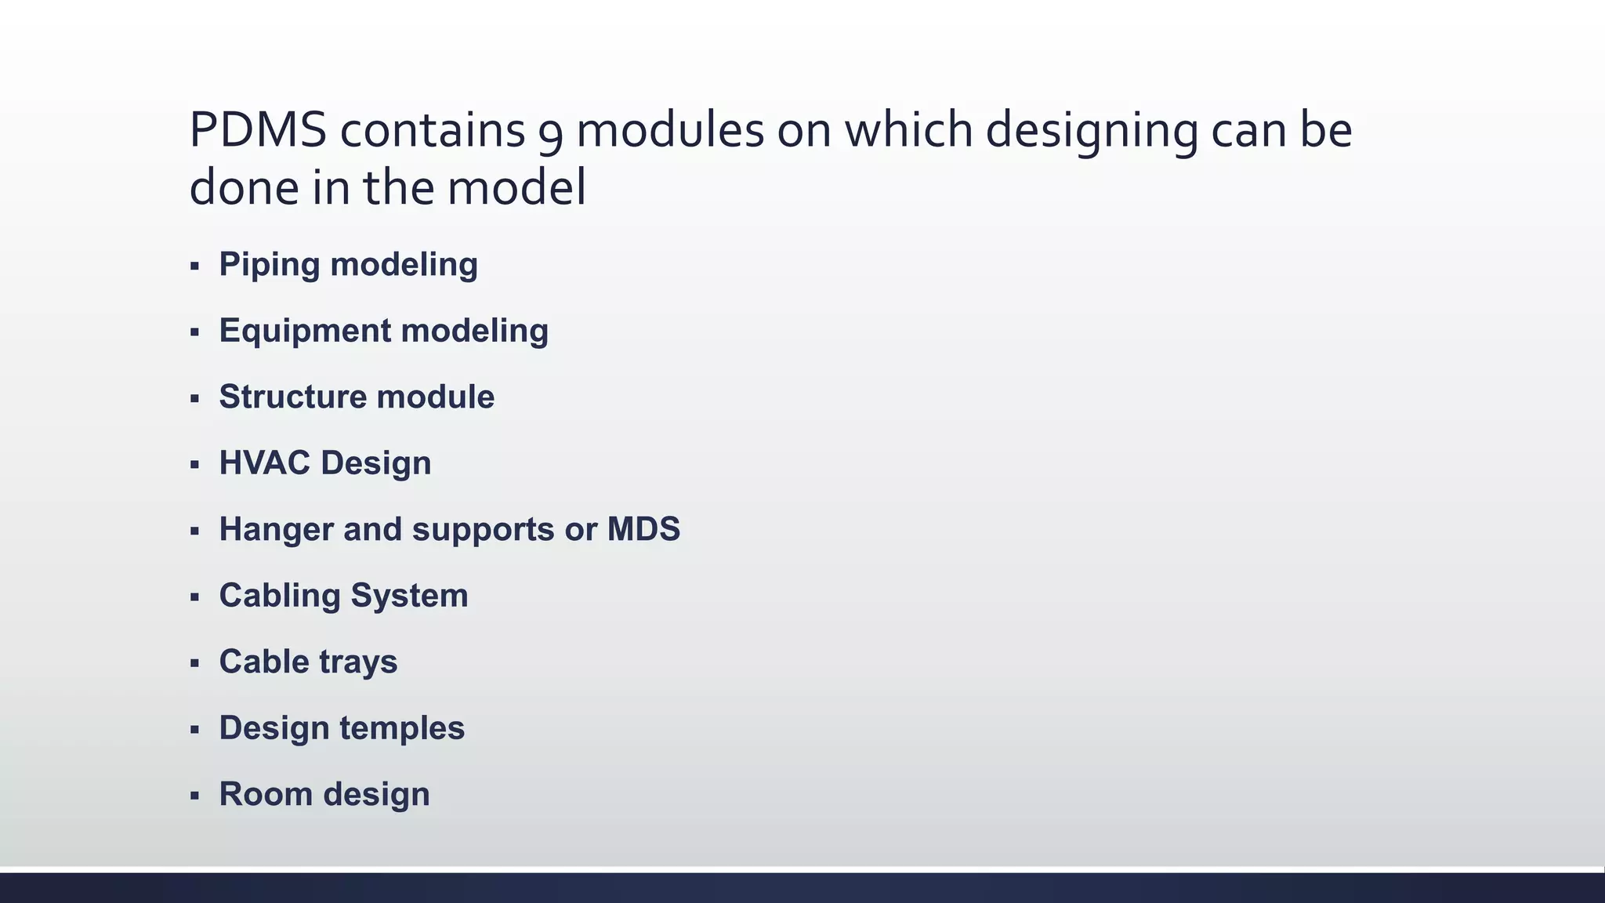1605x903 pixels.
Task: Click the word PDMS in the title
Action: (x=257, y=130)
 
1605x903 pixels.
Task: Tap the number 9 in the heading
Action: (x=550, y=133)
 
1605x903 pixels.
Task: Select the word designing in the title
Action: (x=1091, y=132)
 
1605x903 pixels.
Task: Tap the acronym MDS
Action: (x=643, y=529)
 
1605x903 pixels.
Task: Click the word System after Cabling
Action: (x=409, y=596)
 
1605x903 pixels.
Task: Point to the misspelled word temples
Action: (x=402, y=728)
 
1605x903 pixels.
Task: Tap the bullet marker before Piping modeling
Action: (x=194, y=267)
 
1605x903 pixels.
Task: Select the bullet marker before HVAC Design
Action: (x=194, y=465)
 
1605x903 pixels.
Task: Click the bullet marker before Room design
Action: (x=194, y=796)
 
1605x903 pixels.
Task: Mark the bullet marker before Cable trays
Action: (x=194, y=664)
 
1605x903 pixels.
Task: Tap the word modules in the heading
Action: (x=669, y=130)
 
